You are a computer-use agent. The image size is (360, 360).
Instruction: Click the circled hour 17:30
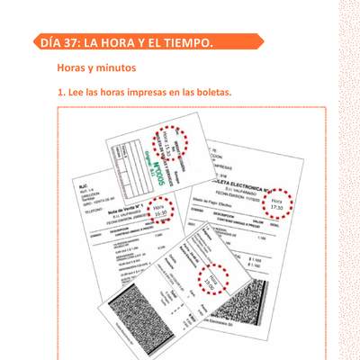point(277,204)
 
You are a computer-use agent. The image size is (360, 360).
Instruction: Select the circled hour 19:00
point(213,281)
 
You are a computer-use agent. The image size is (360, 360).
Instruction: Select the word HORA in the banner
point(126,42)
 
